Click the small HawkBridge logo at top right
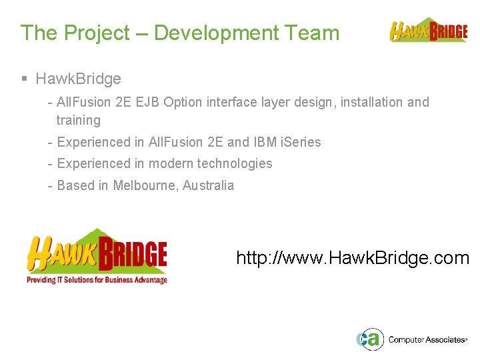click(x=428, y=31)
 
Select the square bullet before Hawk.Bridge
click(x=24, y=79)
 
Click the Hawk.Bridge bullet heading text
click(x=78, y=79)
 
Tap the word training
click(x=78, y=121)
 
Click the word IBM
click(x=264, y=142)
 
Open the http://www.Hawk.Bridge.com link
click(x=353, y=258)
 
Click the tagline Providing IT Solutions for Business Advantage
click(x=97, y=280)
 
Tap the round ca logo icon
click(x=369, y=339)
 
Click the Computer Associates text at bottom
click(x=427, y=339)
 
